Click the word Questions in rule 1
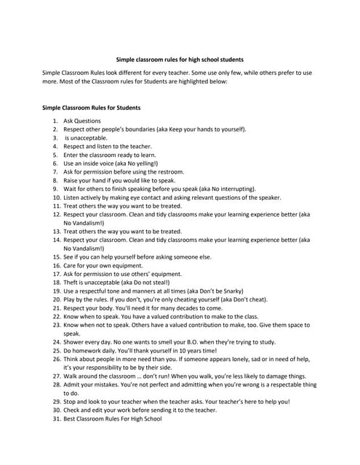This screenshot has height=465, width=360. (87, 121)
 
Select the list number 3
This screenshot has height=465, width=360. (55, 137)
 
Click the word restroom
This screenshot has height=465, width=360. (169, 171)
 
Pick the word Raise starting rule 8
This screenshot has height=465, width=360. (71, 180)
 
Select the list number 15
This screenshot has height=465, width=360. (56, 256)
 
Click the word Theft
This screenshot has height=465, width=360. (71, 282)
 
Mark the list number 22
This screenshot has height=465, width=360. (56, 316)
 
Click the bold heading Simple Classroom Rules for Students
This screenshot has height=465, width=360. (92, 107)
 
